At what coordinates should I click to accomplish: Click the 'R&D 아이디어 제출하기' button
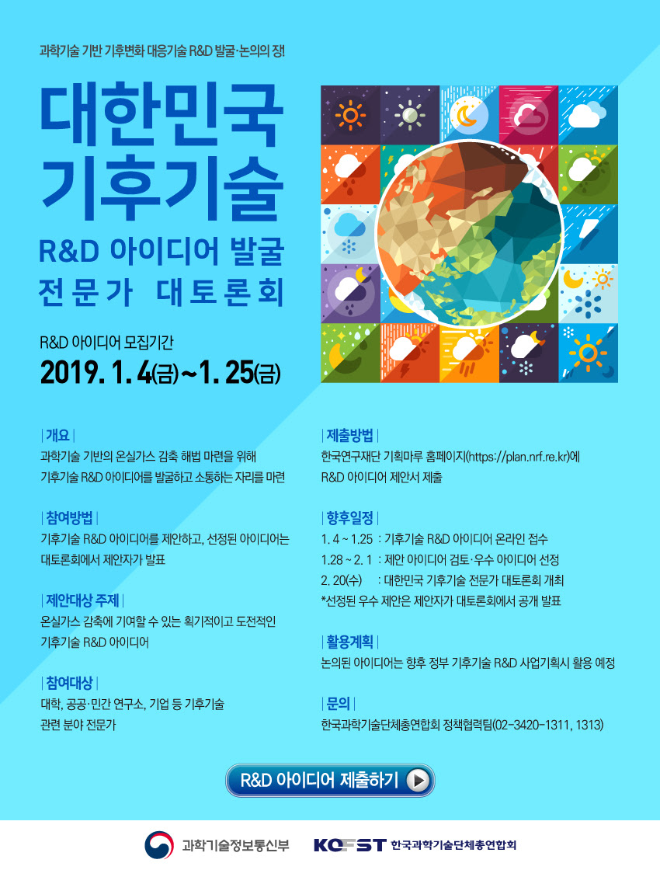pos(330,781)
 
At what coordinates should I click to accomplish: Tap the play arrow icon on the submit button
pos(419,781)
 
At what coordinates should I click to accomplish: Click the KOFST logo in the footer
pos(349,845)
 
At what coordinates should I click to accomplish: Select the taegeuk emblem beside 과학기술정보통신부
pos(159,845)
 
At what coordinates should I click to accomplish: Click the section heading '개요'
pos(57,436)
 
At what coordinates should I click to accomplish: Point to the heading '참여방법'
pos(69,518)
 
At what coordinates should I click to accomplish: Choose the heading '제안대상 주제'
pos(82,600)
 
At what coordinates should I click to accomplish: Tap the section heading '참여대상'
pos(69,683)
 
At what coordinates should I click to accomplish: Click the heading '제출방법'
pos(350,436)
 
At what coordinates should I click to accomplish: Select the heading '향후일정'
pos(350,518)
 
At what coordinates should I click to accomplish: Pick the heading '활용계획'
pos(350,642)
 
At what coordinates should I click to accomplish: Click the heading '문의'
pos(339,704)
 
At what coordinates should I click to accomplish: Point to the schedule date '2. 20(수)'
pos(341,580)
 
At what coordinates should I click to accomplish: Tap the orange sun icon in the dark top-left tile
pos(350,116)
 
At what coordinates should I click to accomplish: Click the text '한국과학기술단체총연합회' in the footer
pos(453,845)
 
